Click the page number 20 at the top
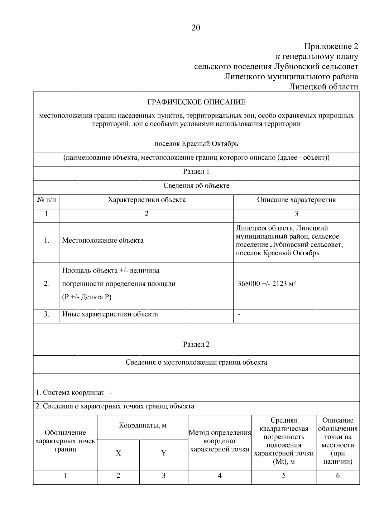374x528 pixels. (196, 28)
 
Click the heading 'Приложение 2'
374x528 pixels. (331, 47)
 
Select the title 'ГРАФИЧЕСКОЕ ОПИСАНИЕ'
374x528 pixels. (196, 102)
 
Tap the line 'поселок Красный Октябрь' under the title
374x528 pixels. (196, 144)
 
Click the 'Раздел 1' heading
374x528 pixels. (196, 171)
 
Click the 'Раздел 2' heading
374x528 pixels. (196, 344)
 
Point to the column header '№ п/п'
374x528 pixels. (46, 200)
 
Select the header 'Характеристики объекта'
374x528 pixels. (146, 200)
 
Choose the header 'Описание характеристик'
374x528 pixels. (296, 200)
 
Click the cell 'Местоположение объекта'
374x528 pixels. (103, 240)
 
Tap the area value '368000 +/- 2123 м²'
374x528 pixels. (266, 284)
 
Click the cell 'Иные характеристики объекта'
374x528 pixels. (110, 314)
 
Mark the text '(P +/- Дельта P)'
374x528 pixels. (87, 297)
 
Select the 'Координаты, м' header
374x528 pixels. (142, 425)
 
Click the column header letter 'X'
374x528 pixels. (118, 453)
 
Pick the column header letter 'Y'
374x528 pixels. (164, 453)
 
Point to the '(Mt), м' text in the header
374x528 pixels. (284, 461)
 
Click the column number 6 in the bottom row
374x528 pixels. (338, 475)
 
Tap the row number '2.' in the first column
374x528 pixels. (46, 284)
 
